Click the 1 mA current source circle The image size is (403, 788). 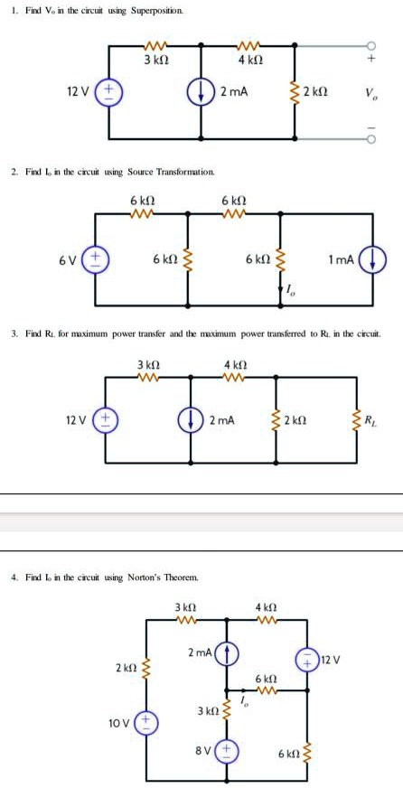coord(375,259)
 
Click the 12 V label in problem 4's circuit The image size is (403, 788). coord(332,657)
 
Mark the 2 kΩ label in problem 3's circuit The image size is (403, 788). coord(317,420)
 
